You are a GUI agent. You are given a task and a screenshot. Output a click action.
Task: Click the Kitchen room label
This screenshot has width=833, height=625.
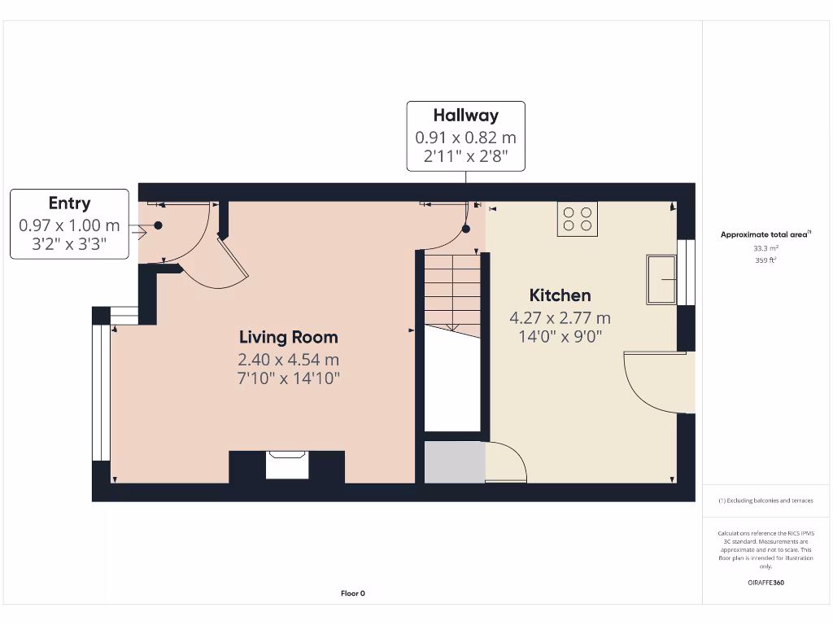560,295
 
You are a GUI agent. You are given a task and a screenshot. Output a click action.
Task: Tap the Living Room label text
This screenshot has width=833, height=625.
288,337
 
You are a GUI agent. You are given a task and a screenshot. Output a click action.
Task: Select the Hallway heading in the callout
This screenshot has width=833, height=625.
465,116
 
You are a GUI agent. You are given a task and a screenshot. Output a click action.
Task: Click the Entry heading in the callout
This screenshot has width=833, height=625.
69,203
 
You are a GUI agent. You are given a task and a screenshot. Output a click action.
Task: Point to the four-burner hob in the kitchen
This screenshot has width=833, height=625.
578,219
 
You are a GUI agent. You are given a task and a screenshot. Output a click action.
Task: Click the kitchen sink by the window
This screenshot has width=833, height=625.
661,279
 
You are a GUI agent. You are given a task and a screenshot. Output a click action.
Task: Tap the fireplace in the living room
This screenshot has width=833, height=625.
286,466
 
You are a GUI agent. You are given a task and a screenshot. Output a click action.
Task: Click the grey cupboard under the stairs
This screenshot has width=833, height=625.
454,462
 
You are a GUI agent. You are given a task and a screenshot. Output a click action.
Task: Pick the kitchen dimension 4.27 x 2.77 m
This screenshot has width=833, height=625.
560,318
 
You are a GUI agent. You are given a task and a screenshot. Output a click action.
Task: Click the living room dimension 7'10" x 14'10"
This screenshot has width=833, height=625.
288,378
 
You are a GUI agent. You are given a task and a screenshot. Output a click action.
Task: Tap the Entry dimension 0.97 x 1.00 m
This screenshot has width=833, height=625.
69,225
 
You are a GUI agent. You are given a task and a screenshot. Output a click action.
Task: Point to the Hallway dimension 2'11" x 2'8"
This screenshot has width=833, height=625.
465,156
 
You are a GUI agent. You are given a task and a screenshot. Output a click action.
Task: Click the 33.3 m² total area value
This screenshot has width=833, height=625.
765,248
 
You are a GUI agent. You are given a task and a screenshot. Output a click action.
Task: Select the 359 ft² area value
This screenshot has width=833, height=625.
765,260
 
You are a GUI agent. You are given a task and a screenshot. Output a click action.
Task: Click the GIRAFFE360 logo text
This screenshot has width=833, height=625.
765,583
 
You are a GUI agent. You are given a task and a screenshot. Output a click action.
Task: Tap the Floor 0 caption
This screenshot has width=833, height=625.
352,593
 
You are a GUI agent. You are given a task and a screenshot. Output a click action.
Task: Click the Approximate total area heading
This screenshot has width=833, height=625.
765,234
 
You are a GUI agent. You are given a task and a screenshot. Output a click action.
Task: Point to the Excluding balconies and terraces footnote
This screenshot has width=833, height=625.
765,500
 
